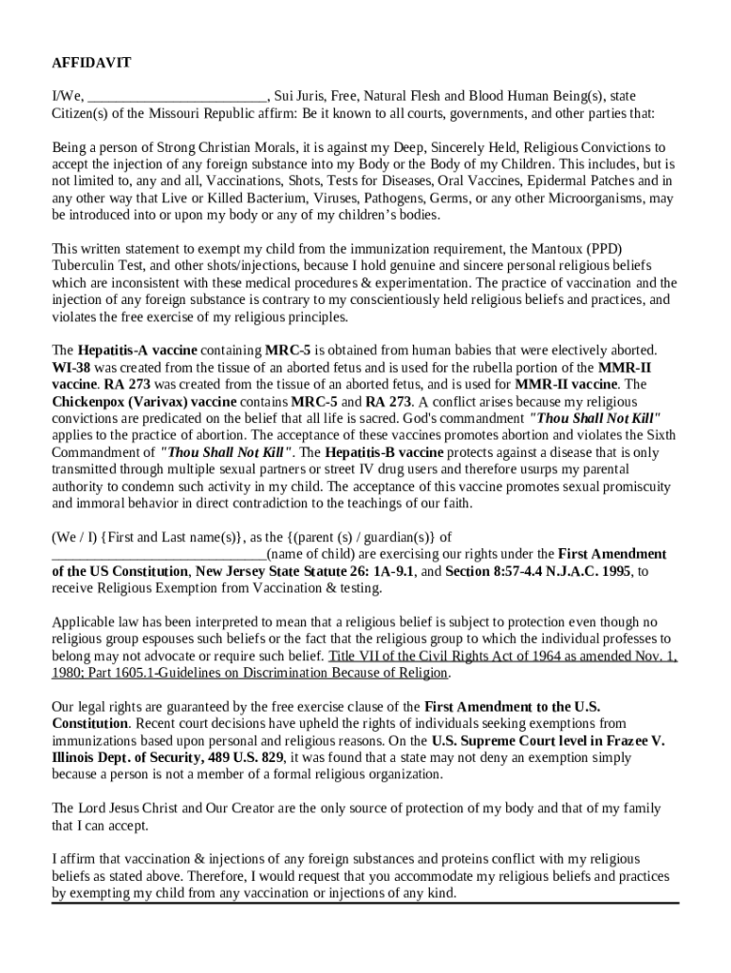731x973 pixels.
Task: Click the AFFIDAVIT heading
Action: click(x=91, y=63)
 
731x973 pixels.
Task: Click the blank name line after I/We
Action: click(x=177, y=97)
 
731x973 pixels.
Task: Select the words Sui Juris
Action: click(x=301, y=96)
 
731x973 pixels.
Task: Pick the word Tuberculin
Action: click(x=83, y=266)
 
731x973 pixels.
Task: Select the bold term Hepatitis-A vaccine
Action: click(x=137, y=351)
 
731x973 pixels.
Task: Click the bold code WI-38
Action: click(x=70, y=368)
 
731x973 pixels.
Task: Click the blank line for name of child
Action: click(x=159, y=554)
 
